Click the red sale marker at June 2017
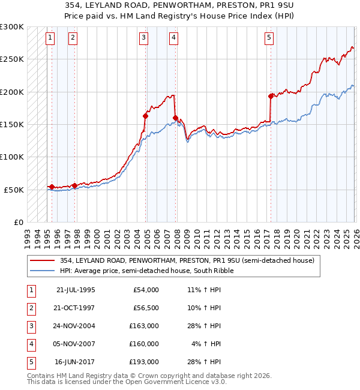click(271, 96)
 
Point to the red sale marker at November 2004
click(146, 116)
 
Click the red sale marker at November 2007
click(175, 118)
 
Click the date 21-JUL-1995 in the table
click(75, 290)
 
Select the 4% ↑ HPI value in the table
click(206, 344)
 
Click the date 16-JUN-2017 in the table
click(75, 362)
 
